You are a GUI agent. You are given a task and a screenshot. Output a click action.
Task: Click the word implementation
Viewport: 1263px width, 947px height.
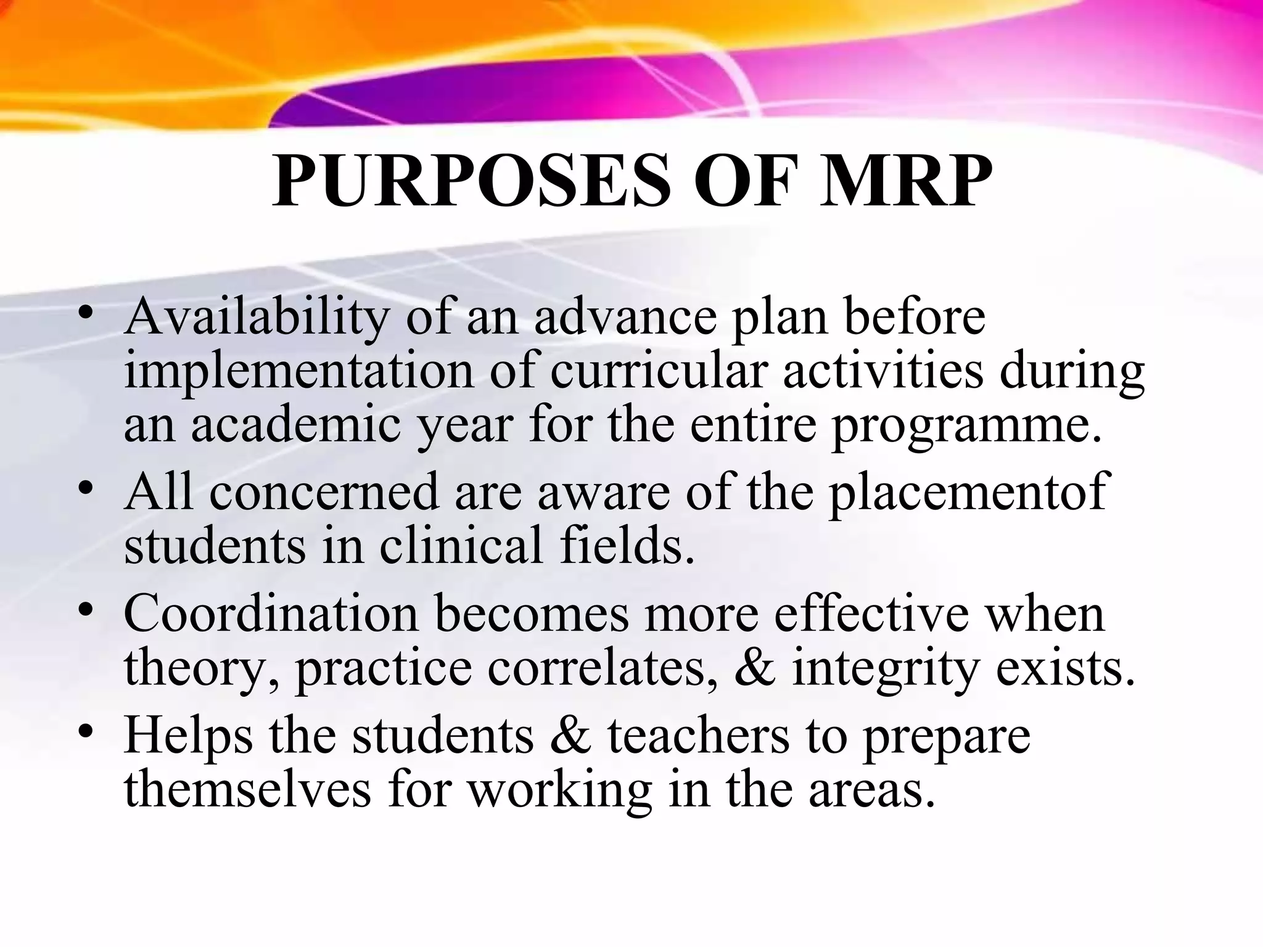(298, 372)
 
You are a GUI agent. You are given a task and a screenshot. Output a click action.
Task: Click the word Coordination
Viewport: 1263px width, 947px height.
(271, 613)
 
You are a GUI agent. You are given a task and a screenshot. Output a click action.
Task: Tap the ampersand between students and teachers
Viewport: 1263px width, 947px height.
(570, 736)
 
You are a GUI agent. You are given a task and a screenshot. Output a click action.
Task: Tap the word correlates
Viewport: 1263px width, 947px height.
(602, 668)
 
